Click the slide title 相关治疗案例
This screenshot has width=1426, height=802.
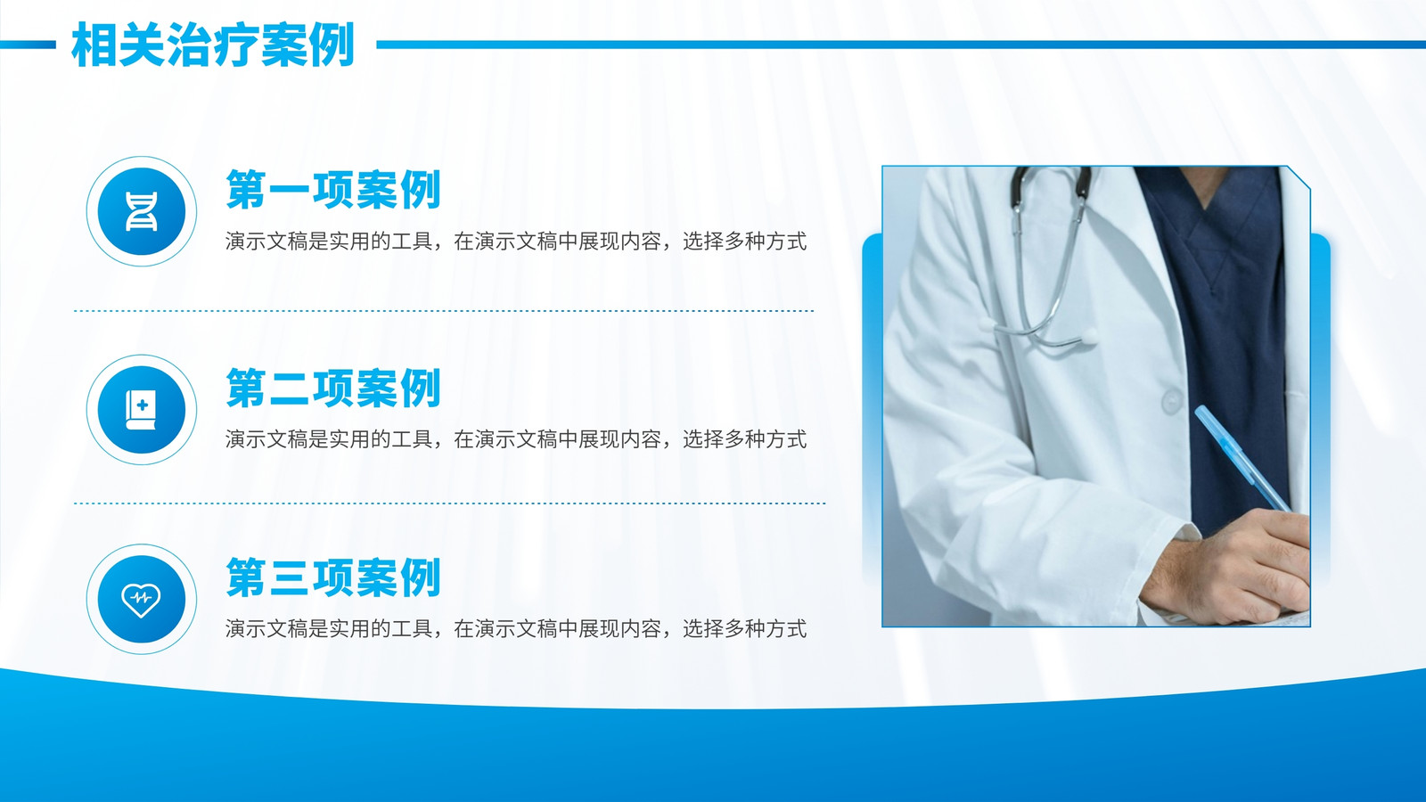[x=213, y=45]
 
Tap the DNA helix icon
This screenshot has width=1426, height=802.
[x=142, y=211]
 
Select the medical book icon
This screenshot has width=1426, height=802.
[x=142, y=409]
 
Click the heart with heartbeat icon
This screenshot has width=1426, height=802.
[x=142, y=599]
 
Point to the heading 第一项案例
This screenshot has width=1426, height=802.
[x=333, y=189]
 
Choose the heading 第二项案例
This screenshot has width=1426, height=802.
[x=333, y=388]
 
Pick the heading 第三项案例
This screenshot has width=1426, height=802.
[x=333, y=577]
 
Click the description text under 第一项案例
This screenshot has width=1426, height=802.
[x=516, y=241]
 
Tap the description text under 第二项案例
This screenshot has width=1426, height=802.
[x=516, y=439]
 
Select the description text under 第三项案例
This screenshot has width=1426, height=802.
[x=516, y=629]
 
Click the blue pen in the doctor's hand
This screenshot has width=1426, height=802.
[x=1242, y=457]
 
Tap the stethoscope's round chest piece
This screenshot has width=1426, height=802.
[x=1086, y=337]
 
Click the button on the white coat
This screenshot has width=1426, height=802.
[x=1172, y=402]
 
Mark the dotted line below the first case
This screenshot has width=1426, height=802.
[x=444, y=311]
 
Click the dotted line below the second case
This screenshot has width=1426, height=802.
[x=449, y=503]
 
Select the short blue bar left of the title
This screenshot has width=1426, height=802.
[x=28, y=45]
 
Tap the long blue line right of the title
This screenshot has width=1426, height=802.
[x=901, y=45]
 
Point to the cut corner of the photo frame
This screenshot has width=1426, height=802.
[x=1299, y=177]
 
